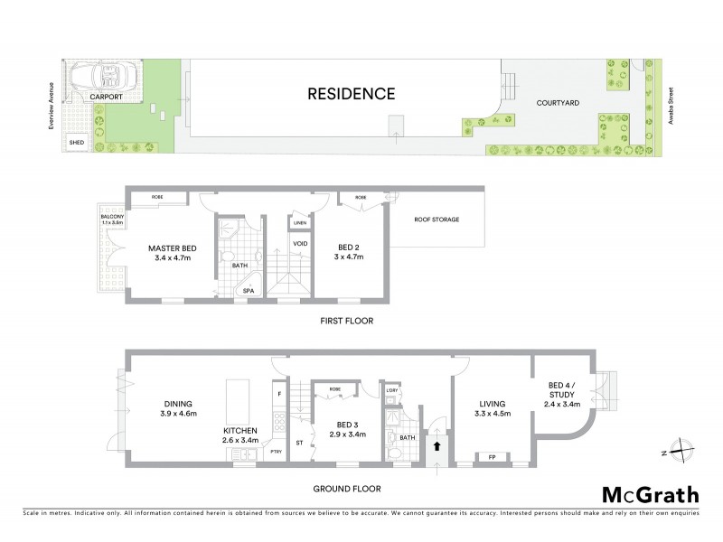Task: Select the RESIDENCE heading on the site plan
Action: [x=351, y=93]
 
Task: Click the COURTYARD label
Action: [x=558, y=103]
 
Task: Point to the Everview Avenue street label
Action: [x=52, y=102]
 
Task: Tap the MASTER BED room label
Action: [x=171, y=248]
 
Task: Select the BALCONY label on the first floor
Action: [x=113, y=217]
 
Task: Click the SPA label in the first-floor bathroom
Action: [x=246, y=290]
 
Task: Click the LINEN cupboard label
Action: [x=299, y=222]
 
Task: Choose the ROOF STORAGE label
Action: [x=437, y=219]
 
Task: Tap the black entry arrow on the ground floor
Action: [x=437, y=444]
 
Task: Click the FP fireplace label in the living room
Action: [x=492, y=456]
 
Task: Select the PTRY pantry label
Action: [x=277, y=453]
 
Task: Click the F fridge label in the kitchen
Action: [x=279, y=395]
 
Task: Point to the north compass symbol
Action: [x=685, y=450]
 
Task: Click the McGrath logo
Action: [x=650, y=494]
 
